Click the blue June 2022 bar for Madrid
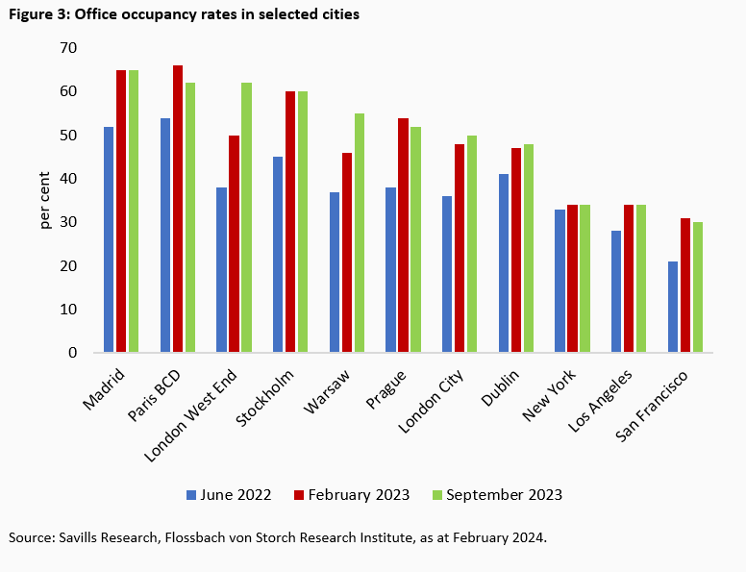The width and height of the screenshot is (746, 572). coord(109,239)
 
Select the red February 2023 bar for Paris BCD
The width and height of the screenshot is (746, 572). coord(178,209)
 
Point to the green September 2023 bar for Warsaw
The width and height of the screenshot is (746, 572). coord(360,233)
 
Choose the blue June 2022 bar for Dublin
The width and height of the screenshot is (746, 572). coord(505,263)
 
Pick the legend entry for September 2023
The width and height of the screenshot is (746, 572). coord(499,495)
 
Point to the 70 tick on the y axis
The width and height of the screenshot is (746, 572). coord(69,48)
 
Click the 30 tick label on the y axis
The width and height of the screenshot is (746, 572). coord(69,222)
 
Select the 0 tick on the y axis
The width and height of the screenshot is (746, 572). coord(73,353)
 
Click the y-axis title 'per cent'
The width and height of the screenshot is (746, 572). coord(45,200)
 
